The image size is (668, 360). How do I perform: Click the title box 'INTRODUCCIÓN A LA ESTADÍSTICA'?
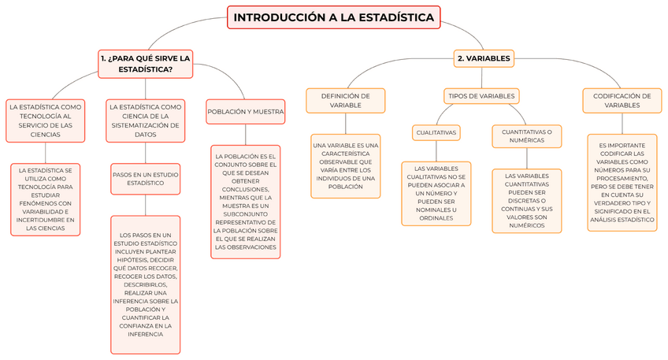click(333, 17)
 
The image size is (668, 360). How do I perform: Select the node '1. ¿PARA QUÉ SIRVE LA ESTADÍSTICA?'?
click(146, 64)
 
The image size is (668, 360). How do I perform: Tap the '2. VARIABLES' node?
click(484, 58)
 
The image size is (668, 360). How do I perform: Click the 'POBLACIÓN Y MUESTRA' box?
click(245, 112)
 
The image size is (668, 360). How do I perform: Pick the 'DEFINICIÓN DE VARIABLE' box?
click(345, 100)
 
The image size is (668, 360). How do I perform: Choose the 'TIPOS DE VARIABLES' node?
click(481, 96)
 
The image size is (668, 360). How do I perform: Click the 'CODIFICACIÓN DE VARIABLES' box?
click(622, 100)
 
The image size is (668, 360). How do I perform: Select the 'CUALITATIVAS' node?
click(436, 133)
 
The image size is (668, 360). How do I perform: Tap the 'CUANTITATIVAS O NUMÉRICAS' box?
click(527, 136)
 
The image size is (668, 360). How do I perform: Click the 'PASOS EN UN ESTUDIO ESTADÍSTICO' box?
click(145, 178)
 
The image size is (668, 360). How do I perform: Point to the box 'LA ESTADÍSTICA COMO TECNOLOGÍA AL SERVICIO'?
click(45, 121)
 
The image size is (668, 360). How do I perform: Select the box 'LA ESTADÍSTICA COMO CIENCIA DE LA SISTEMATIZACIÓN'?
click(145, 121)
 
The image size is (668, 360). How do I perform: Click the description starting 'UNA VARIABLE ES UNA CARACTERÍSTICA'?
click(345, 166)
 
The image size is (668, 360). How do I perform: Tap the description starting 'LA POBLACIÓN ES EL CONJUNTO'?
click(245, 202)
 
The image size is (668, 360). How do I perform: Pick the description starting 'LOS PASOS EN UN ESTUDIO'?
click(145, 284)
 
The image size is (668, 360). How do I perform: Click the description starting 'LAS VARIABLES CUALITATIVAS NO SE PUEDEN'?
click(436, 194)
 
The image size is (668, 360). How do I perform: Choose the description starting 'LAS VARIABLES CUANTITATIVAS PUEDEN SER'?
click(527, 201)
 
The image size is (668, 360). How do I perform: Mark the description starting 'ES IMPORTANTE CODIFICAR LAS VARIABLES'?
click(622, 182)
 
